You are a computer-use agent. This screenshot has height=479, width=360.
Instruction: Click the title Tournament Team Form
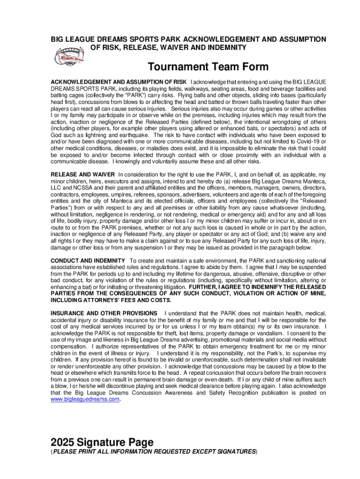point(208,67)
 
